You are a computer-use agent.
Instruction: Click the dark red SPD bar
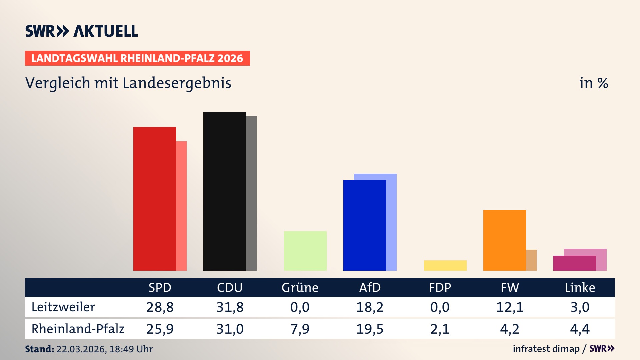coord(154,199)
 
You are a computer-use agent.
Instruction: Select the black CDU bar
coord(224,191)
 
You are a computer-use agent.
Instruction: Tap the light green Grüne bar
coord(305,251)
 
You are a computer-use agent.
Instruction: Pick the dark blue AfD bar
coord(364,225)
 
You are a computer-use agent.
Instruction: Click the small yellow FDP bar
coord(445,265)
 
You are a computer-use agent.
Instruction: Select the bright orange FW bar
coord(504,240)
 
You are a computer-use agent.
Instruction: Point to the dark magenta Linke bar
coord(574,263)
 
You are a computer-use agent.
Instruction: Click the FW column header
coord(510,287)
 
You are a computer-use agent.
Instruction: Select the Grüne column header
coord(300,287)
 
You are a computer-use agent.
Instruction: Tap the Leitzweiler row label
coord(63,307)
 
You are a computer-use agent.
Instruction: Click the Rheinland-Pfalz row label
coord(78,329)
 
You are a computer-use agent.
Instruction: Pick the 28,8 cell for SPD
coord(160,307)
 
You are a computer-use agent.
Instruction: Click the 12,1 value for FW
coord(510,307)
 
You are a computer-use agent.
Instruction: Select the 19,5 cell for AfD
coord(370,329)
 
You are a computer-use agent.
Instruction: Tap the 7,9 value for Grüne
coord(300,329)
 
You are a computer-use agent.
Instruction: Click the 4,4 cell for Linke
coord(580,329)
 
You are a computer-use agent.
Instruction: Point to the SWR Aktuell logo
coord(81,31)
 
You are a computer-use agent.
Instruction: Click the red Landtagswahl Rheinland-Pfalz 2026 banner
coord(137,58)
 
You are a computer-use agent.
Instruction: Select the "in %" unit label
coord(593,83)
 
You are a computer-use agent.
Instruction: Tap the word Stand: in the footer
coord(39,349)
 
